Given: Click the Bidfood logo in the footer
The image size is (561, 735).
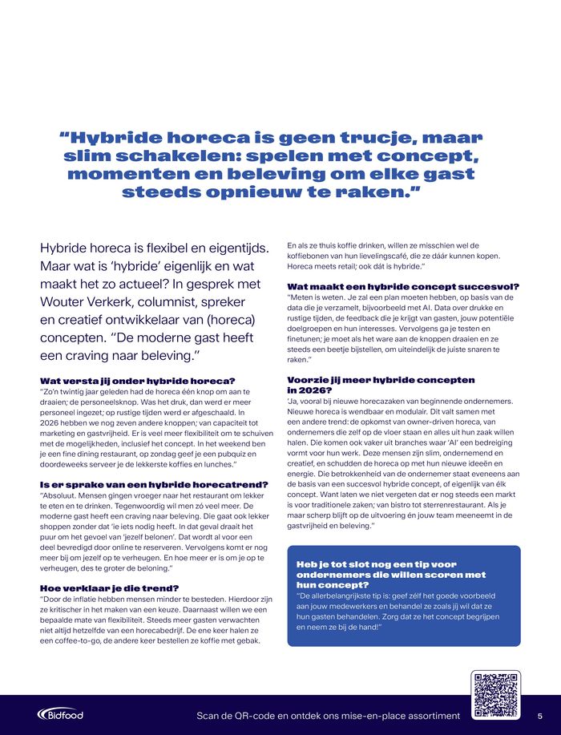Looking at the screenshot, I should [60, 714].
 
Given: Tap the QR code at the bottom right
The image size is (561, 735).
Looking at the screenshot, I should [497, 694].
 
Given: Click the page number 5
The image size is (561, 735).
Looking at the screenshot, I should [539, 715].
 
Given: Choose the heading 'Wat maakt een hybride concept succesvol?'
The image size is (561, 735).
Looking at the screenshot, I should [403, 286].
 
